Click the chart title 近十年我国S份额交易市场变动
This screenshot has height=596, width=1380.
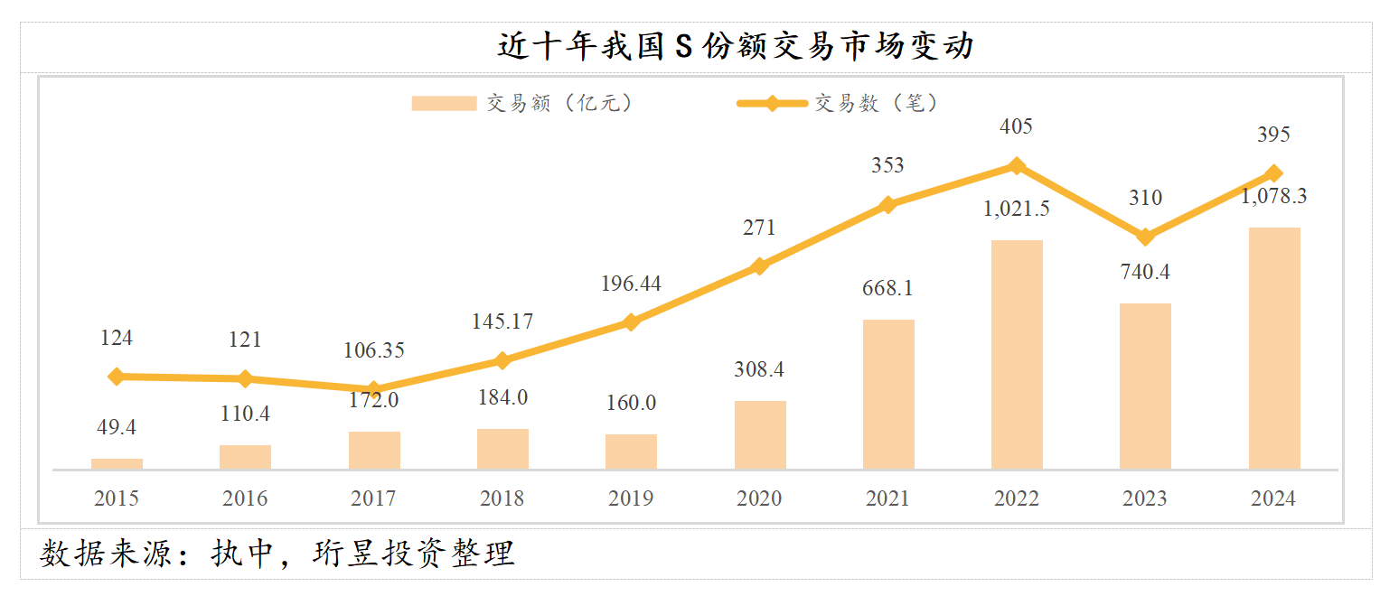(x=735, y=46)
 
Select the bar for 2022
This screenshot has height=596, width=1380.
(x=1017, y=354)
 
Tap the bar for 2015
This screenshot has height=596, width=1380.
(x=117, y=464)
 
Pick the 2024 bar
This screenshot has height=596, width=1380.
(x=1274, y=348)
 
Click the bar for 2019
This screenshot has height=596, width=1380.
(x=631, y=452)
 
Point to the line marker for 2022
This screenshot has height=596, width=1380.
(x=1017, y=166)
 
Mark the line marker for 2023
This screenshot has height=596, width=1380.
(x=1145, y=237)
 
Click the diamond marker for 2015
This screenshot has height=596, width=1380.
(x=117, y=377)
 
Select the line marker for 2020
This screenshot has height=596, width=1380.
(x=759, y=266)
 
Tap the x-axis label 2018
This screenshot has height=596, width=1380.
(x=502, y=498)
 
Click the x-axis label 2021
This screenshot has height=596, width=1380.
(x=888, y=498)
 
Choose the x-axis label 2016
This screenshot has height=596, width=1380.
(x=245, y=498)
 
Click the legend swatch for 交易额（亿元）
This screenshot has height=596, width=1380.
(x=444, y=104)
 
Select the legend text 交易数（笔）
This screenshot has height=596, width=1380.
(x=877, y=104)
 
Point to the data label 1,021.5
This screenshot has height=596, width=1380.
(x=1017, y=209)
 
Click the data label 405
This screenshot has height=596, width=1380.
(x=1017, y=126)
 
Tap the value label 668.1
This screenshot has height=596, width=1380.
(x=888, y=288)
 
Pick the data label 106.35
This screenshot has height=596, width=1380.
(x=373, y=349)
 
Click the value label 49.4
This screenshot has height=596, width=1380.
(x=117, y=427)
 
